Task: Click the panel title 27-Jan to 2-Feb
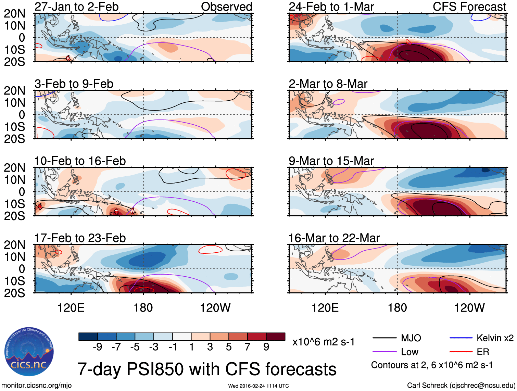point(76,7)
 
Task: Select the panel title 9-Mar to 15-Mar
point(331,161)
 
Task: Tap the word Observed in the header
point(226,7)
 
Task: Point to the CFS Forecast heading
point(469,7)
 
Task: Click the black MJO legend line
point(384,338)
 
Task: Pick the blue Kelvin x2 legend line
point(461,338)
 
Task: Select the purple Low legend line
point(384,352)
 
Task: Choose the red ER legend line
point(461,352)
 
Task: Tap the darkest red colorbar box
point(276,337)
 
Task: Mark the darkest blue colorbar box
point(88,337)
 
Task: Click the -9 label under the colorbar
point(98,347)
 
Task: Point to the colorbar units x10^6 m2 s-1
point(323,342)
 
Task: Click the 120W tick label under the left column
point(215,308)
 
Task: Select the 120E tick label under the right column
point(325,308)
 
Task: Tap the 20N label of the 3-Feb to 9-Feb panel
point(15,91)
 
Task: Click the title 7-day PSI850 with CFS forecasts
point(207,369)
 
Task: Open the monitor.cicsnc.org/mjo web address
point(37,386)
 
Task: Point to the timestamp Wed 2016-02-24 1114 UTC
point(258,386)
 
